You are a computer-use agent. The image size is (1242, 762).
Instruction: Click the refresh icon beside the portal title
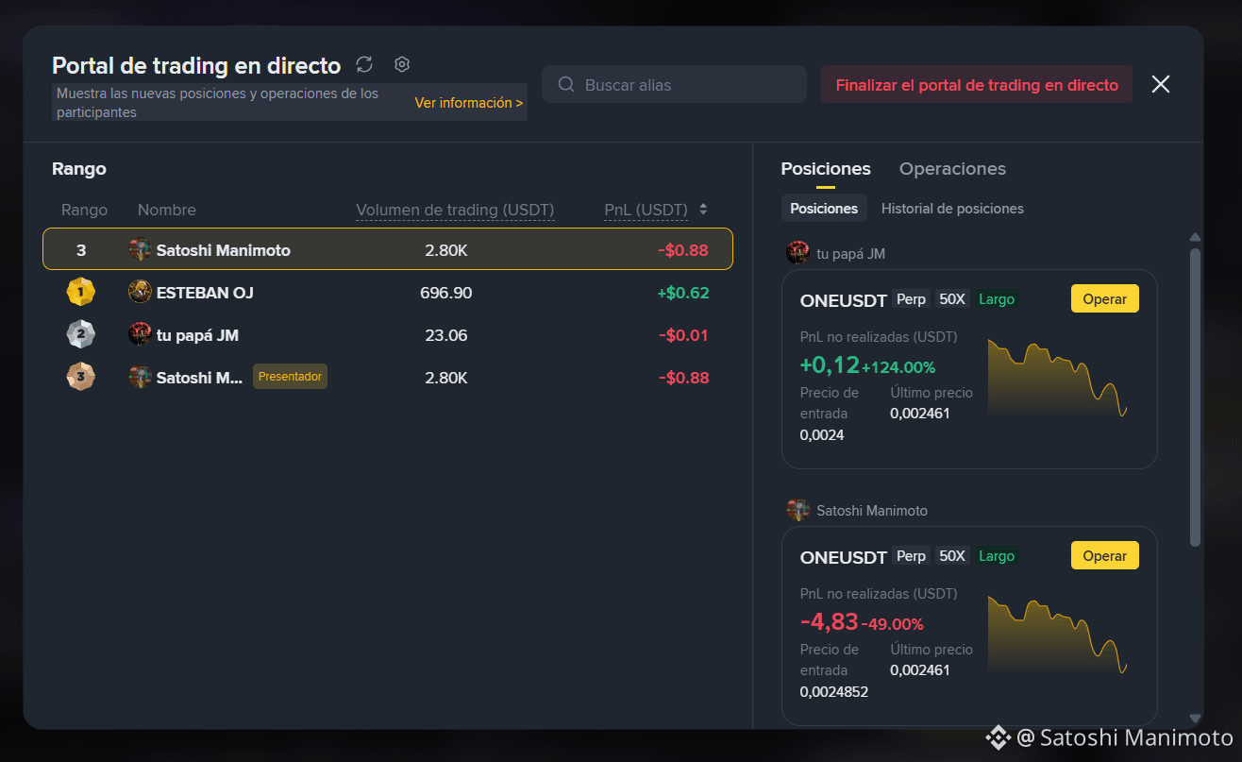pos(364,64)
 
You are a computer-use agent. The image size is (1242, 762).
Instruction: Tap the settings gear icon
pos(402,64)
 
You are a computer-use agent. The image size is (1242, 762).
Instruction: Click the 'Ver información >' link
pos(468,103)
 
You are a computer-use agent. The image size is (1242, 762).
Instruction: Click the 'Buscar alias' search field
pos(674,84)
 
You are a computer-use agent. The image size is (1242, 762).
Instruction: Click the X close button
pos(1161,84)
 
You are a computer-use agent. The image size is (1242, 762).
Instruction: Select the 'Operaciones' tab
pos(952,169)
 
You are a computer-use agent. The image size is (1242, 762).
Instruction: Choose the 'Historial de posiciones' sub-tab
pos(952,209)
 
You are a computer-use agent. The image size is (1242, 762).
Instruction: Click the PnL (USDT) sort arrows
pos(703,209)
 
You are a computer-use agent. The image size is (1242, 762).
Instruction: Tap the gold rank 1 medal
pos(80,292)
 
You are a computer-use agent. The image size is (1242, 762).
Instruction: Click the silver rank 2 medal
pos(80,334)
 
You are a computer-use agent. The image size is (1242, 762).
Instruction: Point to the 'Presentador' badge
pos(290,377)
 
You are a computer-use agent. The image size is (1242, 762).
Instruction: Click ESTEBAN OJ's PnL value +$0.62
pos(683,293)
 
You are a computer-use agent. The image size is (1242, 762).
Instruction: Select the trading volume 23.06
pos(445,335)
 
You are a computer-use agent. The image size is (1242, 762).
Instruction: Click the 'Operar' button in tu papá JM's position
pos(1104,299)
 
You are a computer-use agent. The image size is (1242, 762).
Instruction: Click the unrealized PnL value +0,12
pos(829,364)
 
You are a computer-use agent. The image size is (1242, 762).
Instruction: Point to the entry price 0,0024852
pos(833,691)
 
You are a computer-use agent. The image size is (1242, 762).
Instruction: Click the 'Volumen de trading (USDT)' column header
pos(455,210)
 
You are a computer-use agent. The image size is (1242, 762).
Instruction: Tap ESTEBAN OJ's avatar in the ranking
pos(140,291)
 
